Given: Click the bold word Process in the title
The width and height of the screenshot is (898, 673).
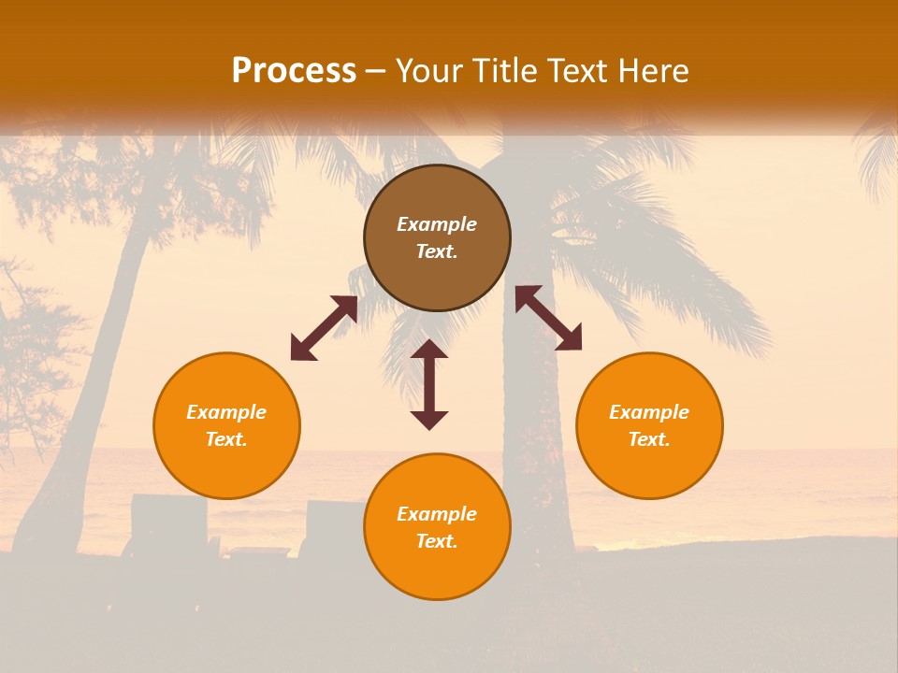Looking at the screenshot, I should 294,71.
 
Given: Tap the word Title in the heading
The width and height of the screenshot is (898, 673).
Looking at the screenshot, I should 505,71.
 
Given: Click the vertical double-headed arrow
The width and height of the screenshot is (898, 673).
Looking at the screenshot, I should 429,384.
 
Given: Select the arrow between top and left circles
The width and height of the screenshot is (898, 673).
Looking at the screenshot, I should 324,328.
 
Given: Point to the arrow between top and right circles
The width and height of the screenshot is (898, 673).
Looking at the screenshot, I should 548,318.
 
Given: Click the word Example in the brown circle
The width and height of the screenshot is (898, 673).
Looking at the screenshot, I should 437,224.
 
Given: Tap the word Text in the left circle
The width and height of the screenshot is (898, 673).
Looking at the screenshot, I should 226,439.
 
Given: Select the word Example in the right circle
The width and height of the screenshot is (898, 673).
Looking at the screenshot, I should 649,412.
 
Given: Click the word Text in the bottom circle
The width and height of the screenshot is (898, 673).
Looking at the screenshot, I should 437,541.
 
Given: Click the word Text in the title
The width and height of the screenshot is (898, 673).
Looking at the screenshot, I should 578,71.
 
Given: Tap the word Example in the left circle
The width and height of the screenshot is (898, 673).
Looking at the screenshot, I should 226,412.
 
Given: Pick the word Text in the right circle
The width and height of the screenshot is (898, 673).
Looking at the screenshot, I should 649,439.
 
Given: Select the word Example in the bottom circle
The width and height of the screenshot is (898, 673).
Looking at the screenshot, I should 437,514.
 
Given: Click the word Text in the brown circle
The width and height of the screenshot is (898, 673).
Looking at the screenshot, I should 437,251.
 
